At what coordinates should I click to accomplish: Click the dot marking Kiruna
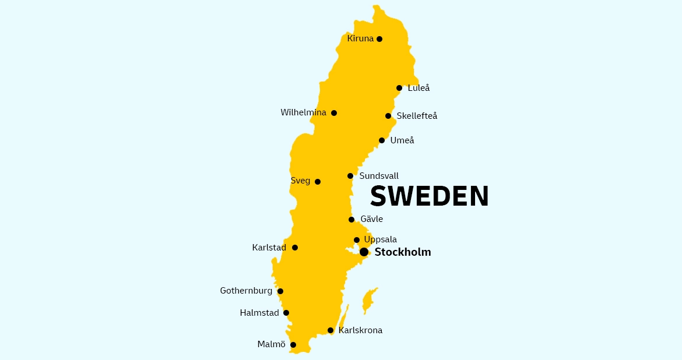point(379,39)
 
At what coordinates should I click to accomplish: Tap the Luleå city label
point(419,88)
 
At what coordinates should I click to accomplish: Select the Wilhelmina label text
point(303,112)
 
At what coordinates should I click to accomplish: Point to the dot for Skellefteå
point(388,116)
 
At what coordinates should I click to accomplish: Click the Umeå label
point(402,140)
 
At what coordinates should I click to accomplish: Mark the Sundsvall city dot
point(350,176)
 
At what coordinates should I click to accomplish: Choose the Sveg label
point(300,181)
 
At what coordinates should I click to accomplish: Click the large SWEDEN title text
point(430,196)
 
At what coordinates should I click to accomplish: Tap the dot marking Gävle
point(351,220)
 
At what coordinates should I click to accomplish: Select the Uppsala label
point(380,239)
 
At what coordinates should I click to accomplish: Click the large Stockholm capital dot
point(364,252)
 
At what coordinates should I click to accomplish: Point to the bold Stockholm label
point(403,252)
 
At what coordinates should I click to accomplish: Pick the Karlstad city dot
point(295,248)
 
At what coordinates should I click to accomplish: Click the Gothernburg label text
point(246,291)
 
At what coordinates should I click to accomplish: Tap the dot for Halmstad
point(286,313)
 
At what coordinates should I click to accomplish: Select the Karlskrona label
point(360,330)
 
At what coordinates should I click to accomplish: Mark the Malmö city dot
point(293,345)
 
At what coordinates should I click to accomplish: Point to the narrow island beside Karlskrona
point(344,319)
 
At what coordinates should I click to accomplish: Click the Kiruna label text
point(360,39)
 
